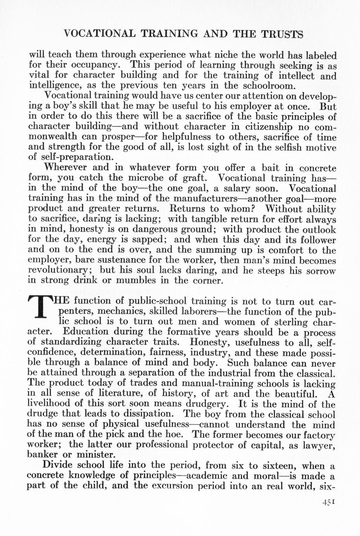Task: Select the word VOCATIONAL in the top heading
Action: tap(99, 34)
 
